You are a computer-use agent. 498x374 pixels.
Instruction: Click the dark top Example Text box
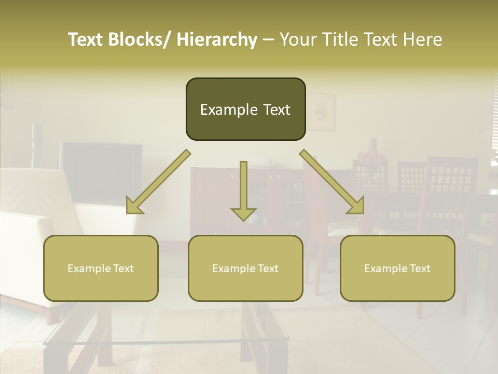click(245, 109)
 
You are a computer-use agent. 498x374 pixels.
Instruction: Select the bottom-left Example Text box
click(101, 268)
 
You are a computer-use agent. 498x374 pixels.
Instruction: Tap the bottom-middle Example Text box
click(245, 268)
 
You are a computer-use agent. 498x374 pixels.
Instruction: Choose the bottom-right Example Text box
click(397, 268)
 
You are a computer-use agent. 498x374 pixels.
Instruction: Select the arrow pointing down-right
click(332, 182)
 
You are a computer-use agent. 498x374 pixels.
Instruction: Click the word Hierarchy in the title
click(217, 39)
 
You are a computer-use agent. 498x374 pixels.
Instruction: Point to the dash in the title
click(268, 39)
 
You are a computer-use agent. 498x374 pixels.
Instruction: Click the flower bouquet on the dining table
click(370, 158)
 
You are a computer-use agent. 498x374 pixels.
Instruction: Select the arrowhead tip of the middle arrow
click(243, 220)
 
